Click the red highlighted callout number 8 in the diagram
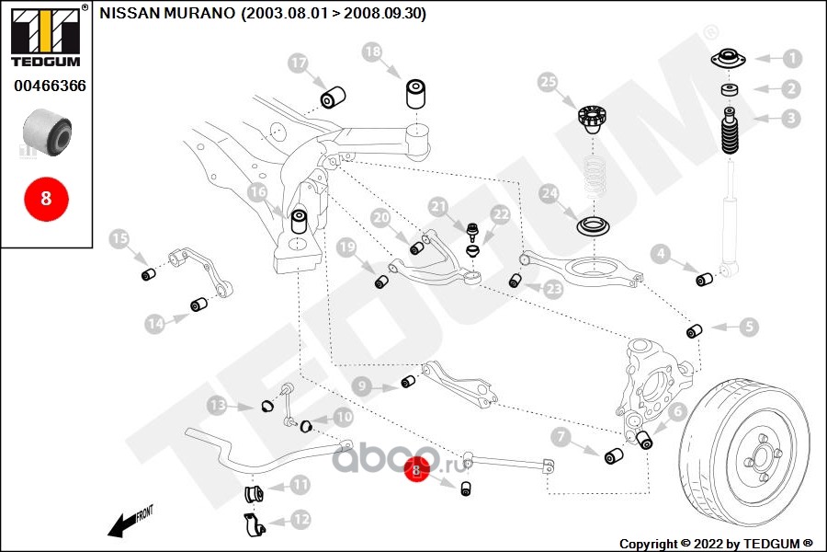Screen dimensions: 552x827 [x=416, y=470]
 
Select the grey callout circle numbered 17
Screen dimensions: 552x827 [x=297, y=63]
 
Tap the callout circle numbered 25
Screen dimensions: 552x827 [x=548, y=83]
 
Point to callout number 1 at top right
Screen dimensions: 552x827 [x=791, y=59]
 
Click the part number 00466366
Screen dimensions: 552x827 [x=50, y=86]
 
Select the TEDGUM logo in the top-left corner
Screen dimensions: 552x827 [x=44, y=38]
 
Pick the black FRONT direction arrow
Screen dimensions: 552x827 [x=129, y=522]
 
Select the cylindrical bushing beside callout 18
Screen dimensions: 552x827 [x=418, y=95]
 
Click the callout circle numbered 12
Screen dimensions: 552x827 [x=300, y=519]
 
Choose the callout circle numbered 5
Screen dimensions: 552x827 [x=750, y=326]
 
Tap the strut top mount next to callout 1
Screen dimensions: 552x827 [x=728, y=62]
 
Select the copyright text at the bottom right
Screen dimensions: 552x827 [x=715, y=544]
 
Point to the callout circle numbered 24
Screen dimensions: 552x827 [x=549, y=194]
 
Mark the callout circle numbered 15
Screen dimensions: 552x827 [x=119, y=240]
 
